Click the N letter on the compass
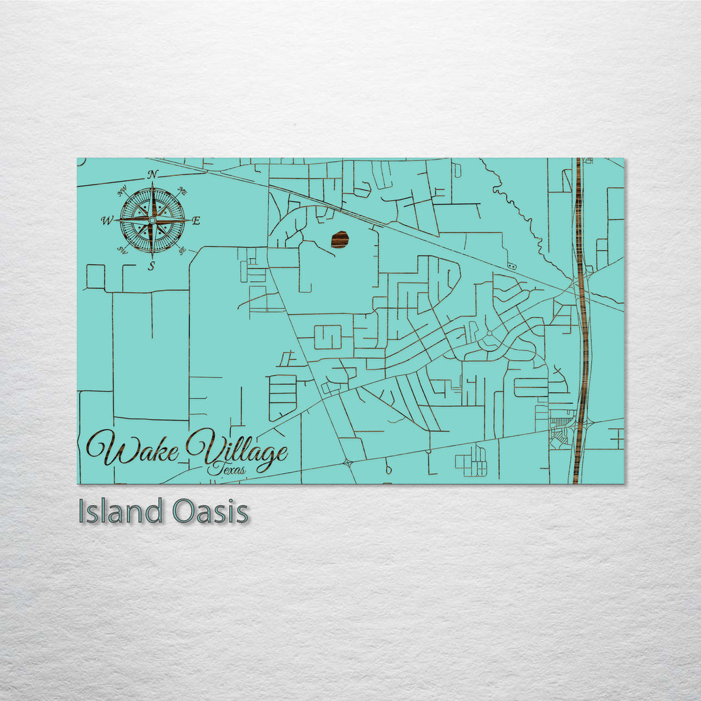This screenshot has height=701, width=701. (153, 174)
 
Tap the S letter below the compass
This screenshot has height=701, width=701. (151, 266)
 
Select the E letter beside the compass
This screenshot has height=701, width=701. (196, 221)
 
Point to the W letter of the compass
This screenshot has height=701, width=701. (106, 221)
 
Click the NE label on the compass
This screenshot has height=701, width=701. (182, 191)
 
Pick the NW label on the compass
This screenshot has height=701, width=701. (122, 191)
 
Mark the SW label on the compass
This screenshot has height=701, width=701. (121, 250)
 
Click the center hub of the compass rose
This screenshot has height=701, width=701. (152, 221)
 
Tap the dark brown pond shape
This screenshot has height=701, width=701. (339, 240)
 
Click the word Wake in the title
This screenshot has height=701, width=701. (133, 449)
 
